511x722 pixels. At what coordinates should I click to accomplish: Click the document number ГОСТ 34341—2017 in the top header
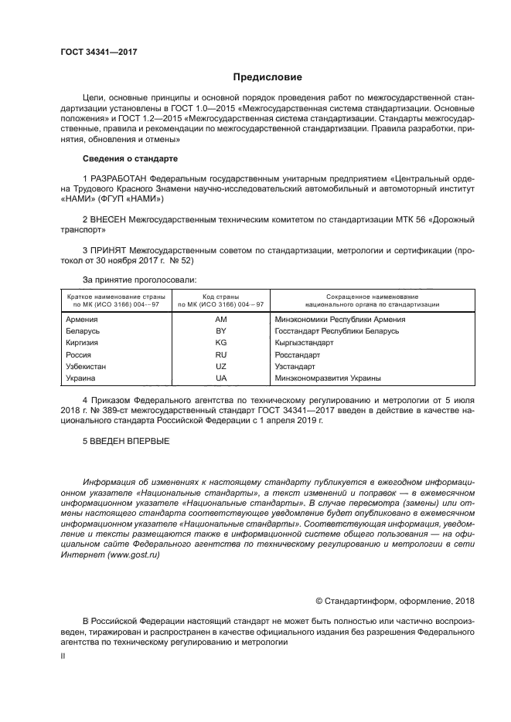pyautogui.click(x=98, y=52)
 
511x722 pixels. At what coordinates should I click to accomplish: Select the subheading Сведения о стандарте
pyautogui.click(x=130, y=158)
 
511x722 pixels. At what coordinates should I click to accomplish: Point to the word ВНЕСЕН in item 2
pyautogui.click(x=109, y=220)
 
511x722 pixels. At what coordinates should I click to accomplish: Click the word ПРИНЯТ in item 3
pyautogui.click(x=109, y=251)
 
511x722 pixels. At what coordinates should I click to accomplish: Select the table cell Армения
pyautogui.click(x=82, y=319)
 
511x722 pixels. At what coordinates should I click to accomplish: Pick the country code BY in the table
pyautogui.click(x=220, y=330)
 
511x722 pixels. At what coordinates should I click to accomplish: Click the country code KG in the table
pyautogui.click(x=220, y=342)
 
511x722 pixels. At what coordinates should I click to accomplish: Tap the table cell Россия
pyautogui.click(x=80, y=354)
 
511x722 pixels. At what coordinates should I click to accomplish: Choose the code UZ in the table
pyautogui.click(x=220, y=366)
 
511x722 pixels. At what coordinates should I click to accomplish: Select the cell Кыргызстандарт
pyautogui.click(x=304, y=342)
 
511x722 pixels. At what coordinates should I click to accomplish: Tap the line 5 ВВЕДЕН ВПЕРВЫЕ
pyautogui.click(x=124, y=441)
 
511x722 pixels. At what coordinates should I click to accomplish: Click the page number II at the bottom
pyautogui.click(x=63, y=655)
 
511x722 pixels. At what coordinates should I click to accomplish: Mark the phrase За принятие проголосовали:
pyautogui.click(x=139, y=279)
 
